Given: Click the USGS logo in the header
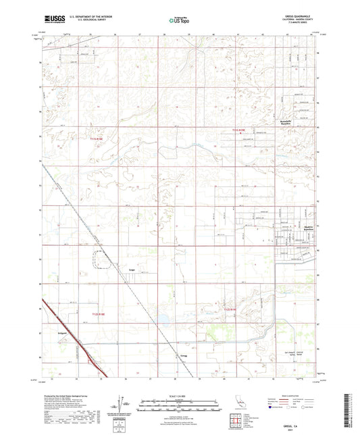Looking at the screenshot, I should click(x=49, y=21).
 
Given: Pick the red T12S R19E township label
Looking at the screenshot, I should click(x=231, y=309).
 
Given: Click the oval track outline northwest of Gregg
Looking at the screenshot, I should click(x=101, y=258).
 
